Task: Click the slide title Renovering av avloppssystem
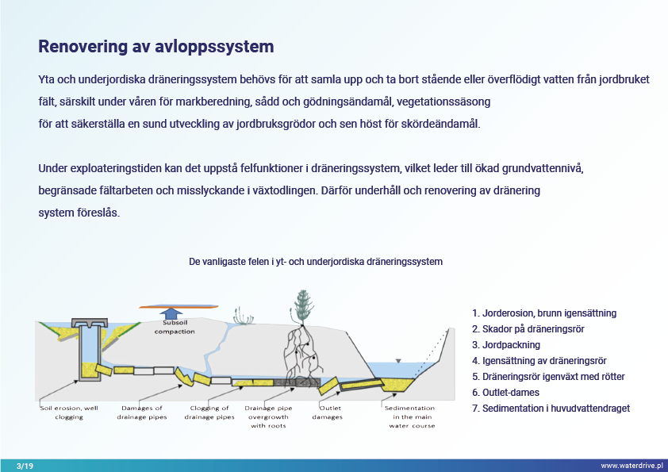156,47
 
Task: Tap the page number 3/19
25,466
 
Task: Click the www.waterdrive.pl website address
632,466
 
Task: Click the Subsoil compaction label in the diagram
175,327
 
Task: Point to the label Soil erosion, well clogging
69,413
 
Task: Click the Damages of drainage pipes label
142,413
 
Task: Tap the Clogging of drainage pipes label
209,413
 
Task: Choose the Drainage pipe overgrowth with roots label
268,416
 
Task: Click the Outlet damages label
327,413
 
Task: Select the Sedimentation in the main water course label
410,416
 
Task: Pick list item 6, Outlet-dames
505,393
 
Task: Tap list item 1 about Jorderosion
544,313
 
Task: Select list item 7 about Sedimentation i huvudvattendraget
551,408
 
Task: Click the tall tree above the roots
302,308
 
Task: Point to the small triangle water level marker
398,361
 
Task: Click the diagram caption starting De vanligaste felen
316,262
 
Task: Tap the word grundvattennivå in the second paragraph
543,168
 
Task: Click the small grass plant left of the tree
244,317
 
